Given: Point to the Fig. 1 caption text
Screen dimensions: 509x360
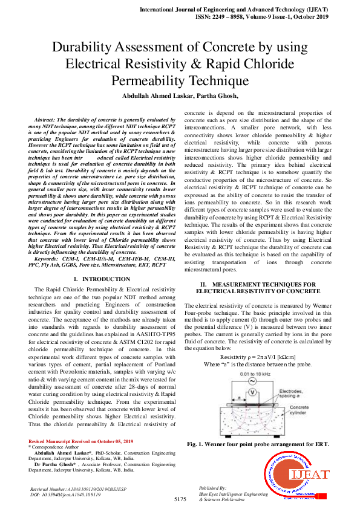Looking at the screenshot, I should point(258,444).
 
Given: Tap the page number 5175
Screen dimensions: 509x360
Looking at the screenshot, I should point(180,499).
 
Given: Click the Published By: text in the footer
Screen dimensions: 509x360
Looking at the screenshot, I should point(212,487).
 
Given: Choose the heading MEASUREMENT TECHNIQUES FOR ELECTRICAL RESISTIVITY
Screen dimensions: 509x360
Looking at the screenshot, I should point(258,287).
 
